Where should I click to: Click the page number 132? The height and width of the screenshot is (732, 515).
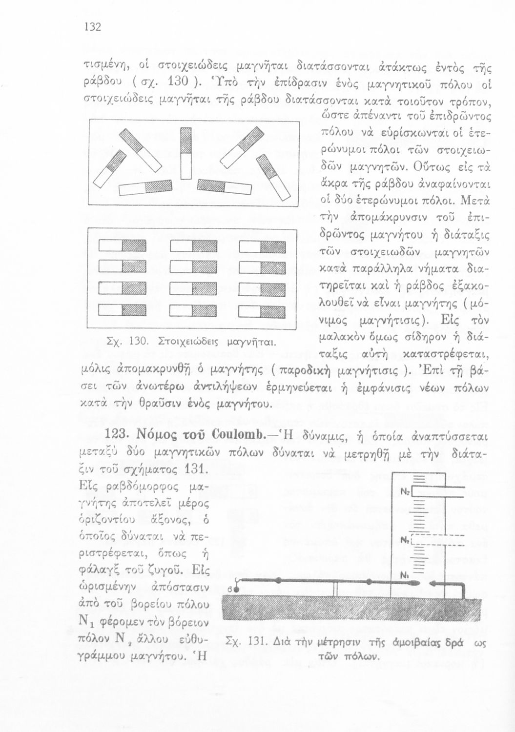[x=92, y=27]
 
